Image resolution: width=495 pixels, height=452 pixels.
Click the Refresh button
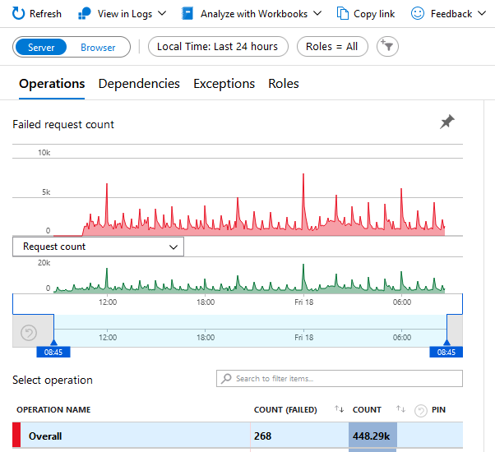click(37, 14)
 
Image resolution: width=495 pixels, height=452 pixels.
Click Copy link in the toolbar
click(366, 14)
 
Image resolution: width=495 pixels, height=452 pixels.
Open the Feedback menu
click(452, 14)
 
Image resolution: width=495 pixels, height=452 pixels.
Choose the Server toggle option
click(41, 47)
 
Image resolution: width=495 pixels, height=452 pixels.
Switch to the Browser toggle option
click(98, 47)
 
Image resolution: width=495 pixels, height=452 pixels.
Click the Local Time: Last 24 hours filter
click(218, 47)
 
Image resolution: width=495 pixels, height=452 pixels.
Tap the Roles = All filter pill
click(331, 47)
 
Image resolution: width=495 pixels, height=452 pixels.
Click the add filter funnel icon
click(387, 47)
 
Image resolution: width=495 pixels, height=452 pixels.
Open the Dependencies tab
click(139, 84)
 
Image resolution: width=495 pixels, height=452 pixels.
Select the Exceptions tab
click(224, 84)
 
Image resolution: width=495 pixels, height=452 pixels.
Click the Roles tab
click(283, 84)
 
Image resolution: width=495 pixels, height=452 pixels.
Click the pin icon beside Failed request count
click(446, 122)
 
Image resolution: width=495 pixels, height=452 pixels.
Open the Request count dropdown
click(98, 247)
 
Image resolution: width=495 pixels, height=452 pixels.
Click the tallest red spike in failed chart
click(303, 176)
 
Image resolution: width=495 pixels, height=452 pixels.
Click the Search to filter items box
click(340, 379)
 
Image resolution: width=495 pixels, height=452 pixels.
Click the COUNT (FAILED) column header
click(285, 409)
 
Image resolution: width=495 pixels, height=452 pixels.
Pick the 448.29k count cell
click(372, 436)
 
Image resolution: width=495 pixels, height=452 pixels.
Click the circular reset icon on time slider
click(29, 333)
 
